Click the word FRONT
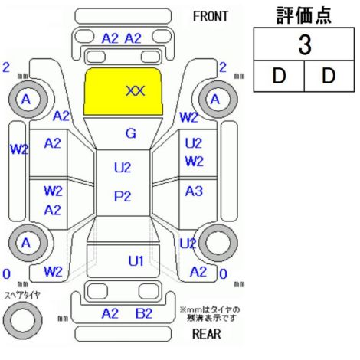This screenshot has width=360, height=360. point(210,17)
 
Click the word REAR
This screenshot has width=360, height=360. point(206,334)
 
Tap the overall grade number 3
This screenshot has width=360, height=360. point(305,44)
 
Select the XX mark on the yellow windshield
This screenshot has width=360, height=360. point(136,91)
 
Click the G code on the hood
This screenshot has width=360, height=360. point(131,133)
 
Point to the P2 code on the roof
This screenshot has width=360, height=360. point(123,196)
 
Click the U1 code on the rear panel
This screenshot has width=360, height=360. point(136,261)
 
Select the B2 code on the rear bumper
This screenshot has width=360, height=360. point(144,313)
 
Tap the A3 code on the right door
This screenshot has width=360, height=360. point(194,191)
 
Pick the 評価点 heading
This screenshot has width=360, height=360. point(304,15)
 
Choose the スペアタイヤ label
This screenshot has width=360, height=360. point(22,296)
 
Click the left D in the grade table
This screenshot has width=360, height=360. point(279,76)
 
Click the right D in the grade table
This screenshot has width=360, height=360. point(329,76)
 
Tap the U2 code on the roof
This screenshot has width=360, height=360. point(123,168)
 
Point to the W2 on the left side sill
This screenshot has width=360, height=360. point(19,149)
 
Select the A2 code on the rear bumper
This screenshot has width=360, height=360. point(110,313)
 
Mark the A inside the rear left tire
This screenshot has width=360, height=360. point(26,243)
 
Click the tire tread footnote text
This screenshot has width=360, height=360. point(210,314)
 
